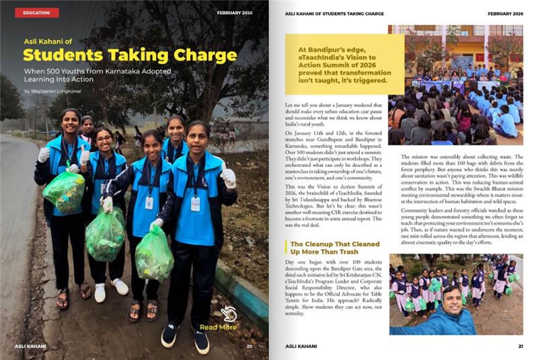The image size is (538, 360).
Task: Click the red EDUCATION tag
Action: coord(36,13)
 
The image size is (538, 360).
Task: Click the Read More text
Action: coord(218,327)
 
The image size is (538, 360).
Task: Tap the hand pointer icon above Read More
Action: coord(229,313)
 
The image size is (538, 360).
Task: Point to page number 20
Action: coord(249,347)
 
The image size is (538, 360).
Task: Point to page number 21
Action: coord(520,347)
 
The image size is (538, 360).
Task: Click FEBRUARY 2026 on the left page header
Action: coord(235,13)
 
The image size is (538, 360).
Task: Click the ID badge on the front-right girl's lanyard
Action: coord(195,204)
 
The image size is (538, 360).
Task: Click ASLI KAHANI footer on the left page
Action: coord(30,347)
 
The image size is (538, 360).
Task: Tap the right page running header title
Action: coord(334,13)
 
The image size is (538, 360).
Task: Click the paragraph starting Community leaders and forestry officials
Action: coord(456,221)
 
